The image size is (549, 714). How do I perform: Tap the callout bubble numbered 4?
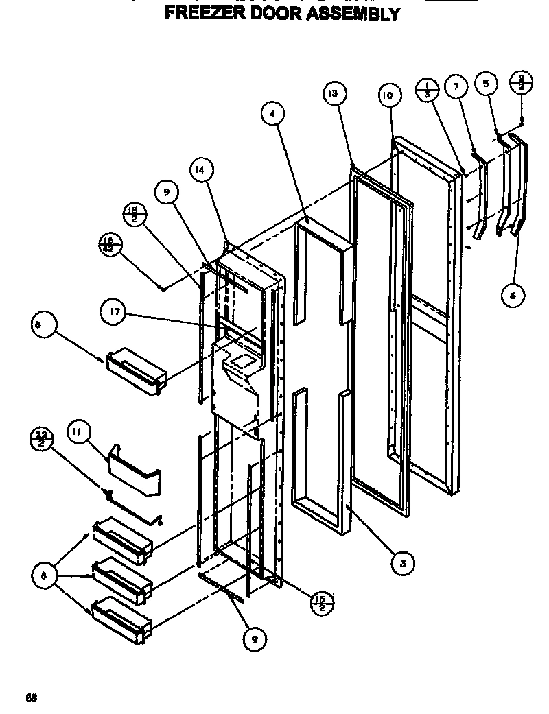pyautogui.click(x=273, y=115)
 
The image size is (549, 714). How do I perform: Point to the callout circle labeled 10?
pyautogui.click(x=388, y=96)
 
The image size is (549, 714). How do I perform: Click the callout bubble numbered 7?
pyautogui.click(x=456, y=86)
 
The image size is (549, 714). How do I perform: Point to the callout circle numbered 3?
pyautogui.click(x=402, y=563)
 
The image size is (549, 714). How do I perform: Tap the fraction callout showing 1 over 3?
pyautogui.click(x=427, y=89)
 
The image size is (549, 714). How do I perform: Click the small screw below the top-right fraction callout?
pyautogui.click(x=522, y=121)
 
